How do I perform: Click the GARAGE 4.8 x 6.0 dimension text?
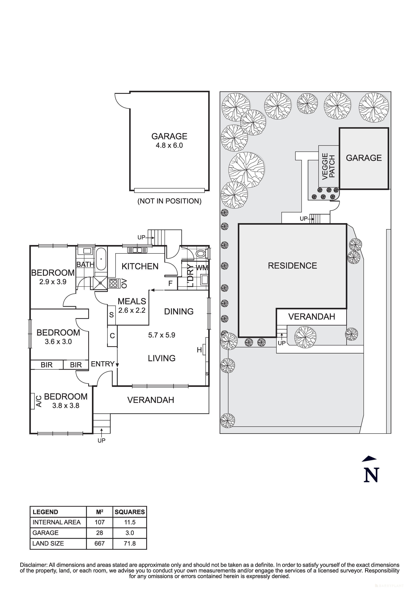coord(169,145)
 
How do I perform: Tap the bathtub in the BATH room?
coord(101,259)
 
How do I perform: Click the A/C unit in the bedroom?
coord(32,401)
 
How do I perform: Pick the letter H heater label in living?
coord(199,350)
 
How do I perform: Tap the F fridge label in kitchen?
coord(170,283)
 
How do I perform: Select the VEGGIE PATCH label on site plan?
coord(328,166)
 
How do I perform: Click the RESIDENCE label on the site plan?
coord(292,266)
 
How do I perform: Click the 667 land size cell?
coord(99,543)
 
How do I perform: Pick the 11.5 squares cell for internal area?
coord(130,522)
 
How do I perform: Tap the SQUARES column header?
coord(130,512)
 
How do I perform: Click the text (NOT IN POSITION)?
coord(169,201)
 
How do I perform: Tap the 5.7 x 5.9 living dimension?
coord(162,335)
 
